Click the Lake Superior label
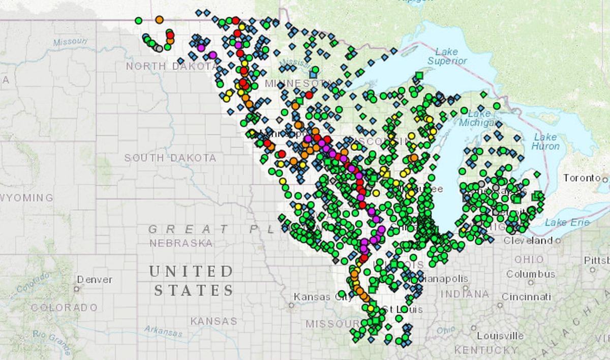tap(447, 56)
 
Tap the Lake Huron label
tap(545, 142)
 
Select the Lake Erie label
tap(567, 222)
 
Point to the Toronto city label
tap(582, 178)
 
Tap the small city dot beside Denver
tap(76, 288)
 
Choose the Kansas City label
tap(318, 296)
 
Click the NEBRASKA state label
tap(181, 243)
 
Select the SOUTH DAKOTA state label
tap(170, 158)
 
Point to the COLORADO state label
tap(64, 307)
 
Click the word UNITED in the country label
tap(191, 271)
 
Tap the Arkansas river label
tap(163, 331)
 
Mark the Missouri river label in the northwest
tap(71, 42)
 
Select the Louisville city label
tap(500, 336)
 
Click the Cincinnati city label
tap(526, 296)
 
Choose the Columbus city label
tap(530, 274)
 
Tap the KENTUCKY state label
tap(486, 350)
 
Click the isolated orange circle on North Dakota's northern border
tap(159, 19)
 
